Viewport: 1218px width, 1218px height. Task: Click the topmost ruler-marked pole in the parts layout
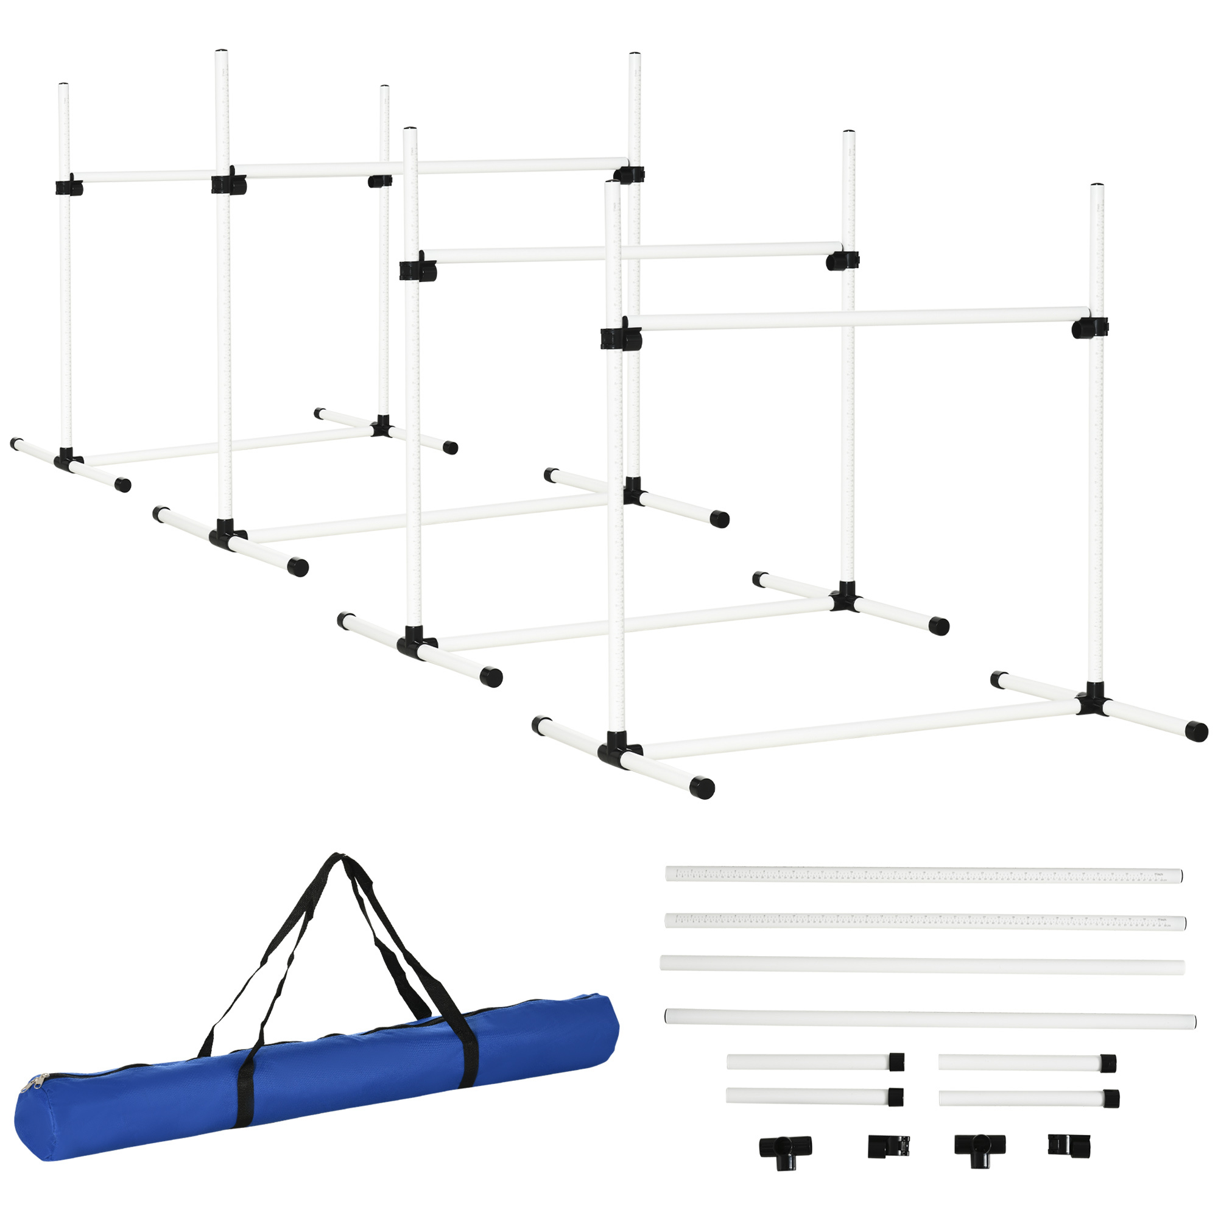click(x=923, y=875)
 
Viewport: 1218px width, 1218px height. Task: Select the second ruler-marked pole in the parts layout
click(x=924, y=921)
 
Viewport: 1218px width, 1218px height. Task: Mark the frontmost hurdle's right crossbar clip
click(x=1090, y=328)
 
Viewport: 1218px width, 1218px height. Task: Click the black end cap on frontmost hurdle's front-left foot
click(x=701, y=787)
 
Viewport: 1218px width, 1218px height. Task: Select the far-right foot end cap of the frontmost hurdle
click(x=1196, y=731)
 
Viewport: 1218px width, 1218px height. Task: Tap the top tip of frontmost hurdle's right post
click(x=1097, y=186)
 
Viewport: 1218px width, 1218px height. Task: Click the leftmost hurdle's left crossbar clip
click(x=68, y=187)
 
